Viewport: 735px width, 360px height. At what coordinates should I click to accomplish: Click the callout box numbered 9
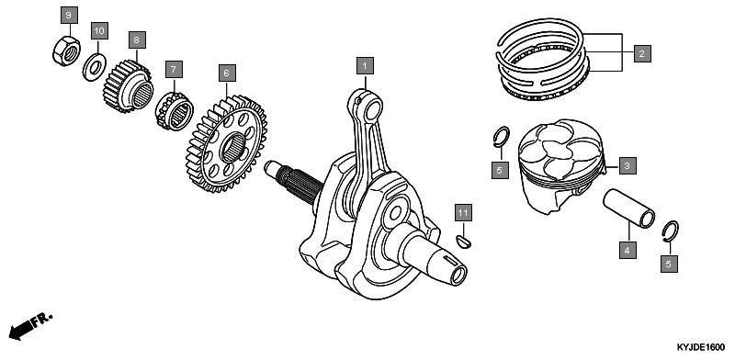point(69,15)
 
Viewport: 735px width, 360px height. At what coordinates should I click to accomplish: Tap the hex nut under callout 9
point(66,51)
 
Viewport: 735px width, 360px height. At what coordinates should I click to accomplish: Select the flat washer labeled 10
point(95,68)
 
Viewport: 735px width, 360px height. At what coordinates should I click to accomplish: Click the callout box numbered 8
point(136,39)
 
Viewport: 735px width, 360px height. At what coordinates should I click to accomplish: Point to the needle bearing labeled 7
point(175,111)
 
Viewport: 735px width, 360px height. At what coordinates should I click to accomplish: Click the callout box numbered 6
point(227,73)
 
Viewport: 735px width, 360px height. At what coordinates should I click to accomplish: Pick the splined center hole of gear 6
point(232,147)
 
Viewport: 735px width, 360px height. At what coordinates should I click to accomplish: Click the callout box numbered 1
point(365,66)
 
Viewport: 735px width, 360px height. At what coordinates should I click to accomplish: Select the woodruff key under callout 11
point(464,242)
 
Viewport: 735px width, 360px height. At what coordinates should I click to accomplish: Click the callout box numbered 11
point(463,213)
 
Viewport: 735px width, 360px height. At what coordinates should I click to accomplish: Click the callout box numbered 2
point(641,53)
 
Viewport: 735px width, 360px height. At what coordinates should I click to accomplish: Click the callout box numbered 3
point(628,165)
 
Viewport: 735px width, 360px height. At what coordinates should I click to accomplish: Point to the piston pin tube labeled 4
point(629,208)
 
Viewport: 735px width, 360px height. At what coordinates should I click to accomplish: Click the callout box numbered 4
point(628,250)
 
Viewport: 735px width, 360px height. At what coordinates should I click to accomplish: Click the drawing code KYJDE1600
point(700,347)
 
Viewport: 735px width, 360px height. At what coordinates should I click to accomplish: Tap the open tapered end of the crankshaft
point(458,276)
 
